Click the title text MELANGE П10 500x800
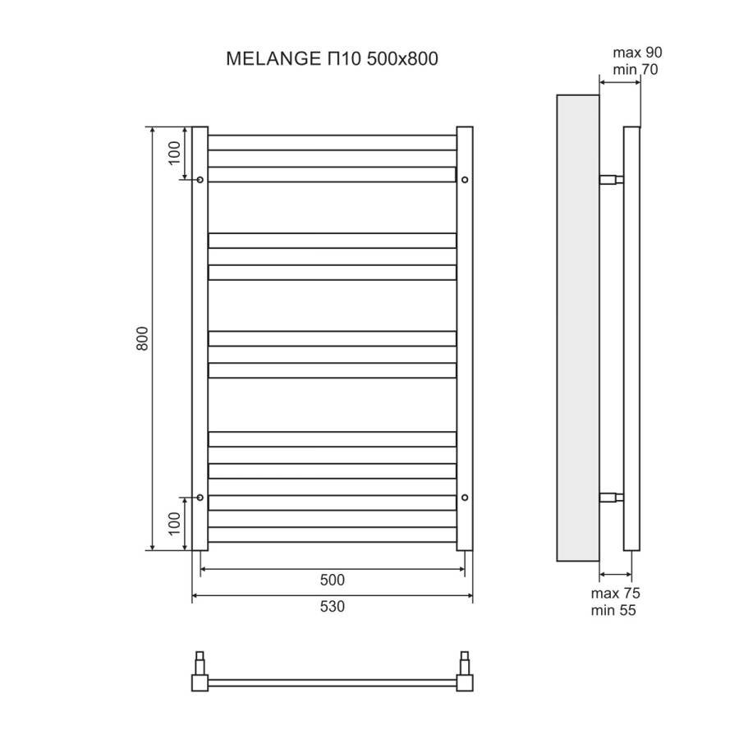(332, 58)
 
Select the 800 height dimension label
(141, 339)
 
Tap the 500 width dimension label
(332, 580)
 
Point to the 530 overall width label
(332, 607)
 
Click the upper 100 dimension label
(173, 154)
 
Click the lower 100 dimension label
(173, 523)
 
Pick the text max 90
(637, 53)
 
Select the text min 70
(636, 70)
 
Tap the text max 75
(615, 593)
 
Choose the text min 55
(613, 610)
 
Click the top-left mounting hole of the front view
(200, 179)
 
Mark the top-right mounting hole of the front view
(465, 179)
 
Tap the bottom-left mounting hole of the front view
(200, 497)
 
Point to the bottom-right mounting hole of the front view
(465, 497)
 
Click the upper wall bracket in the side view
(612, 179)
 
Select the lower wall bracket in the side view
(612, 497)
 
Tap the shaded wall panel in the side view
(578, 327)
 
